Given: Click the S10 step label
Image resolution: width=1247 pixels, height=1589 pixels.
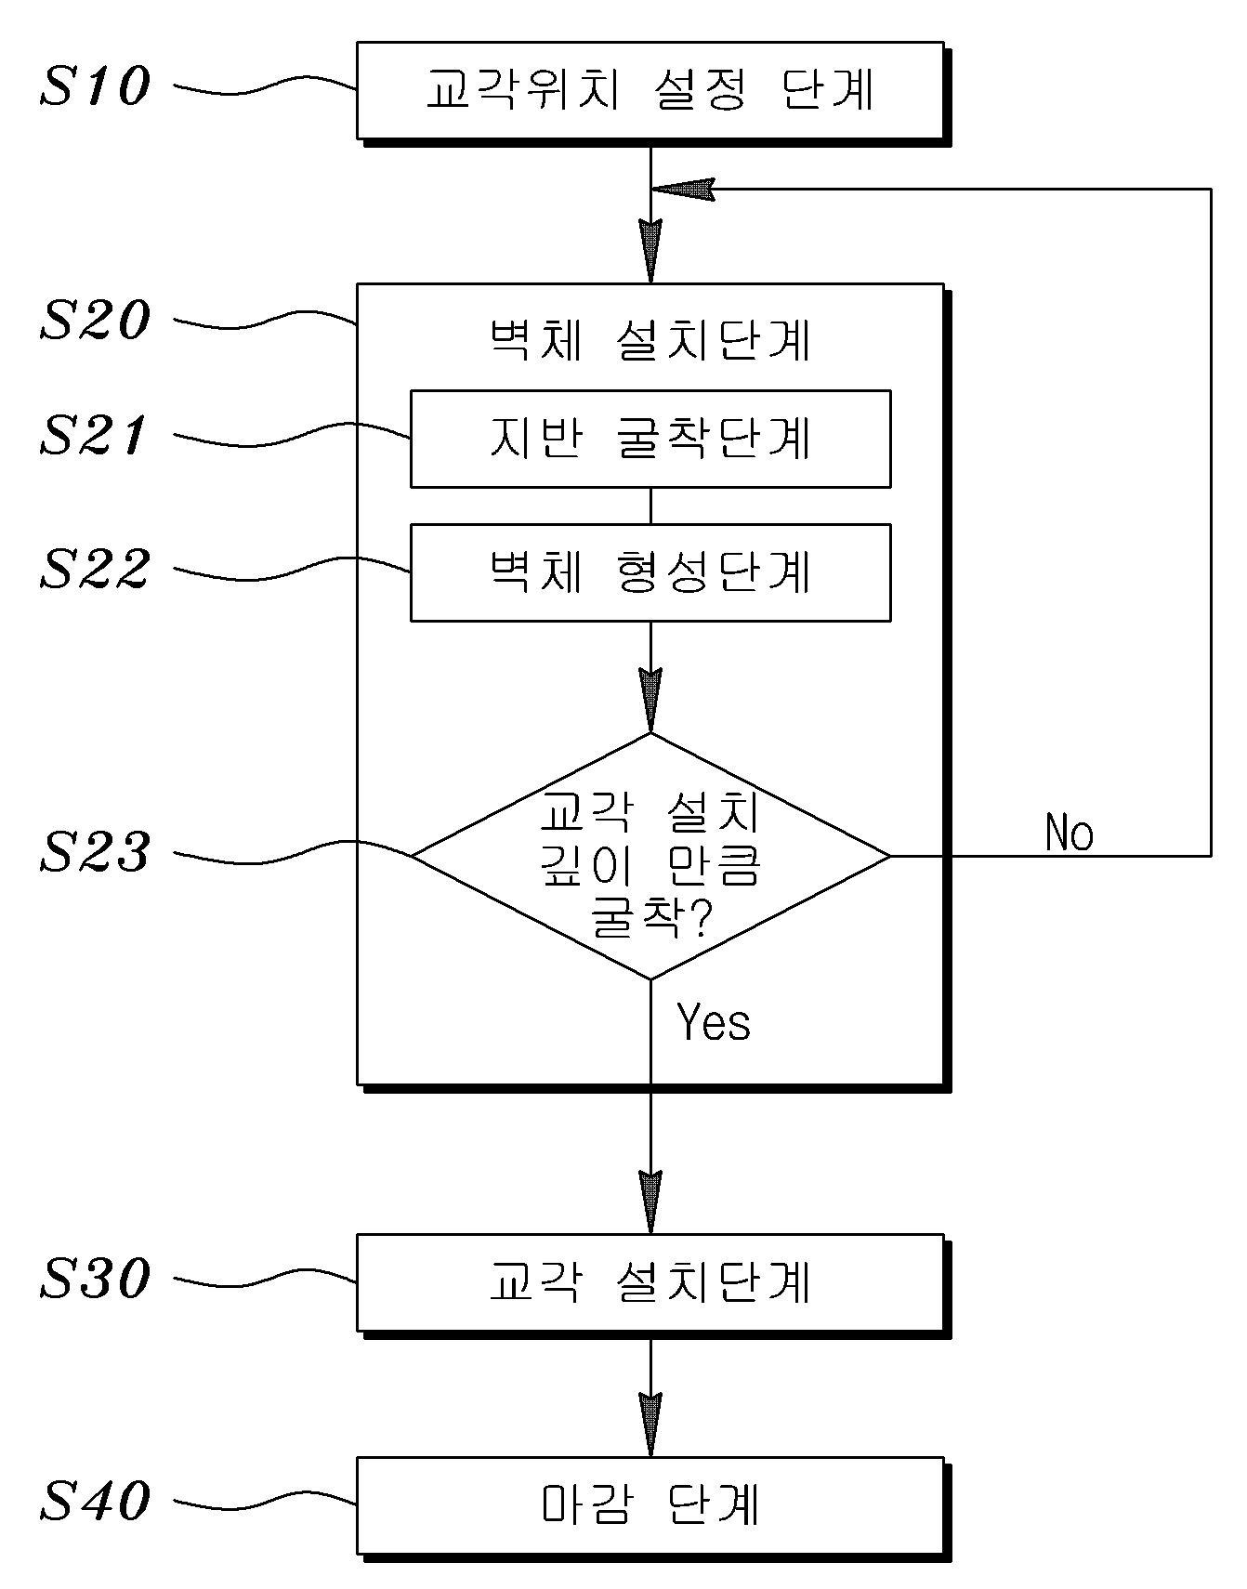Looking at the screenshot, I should coord(95,87).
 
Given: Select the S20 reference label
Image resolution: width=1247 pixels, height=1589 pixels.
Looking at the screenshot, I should coord(95,321).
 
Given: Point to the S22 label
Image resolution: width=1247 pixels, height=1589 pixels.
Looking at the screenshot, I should coord(95,570).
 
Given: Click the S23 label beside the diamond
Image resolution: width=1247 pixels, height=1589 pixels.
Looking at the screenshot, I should coord(95,852).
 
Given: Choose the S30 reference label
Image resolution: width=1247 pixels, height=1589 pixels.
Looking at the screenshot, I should coord(95,1280).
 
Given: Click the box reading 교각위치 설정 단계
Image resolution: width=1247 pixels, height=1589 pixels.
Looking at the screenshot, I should coord(650,91).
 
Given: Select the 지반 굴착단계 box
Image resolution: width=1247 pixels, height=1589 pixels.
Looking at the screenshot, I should coord(650,439).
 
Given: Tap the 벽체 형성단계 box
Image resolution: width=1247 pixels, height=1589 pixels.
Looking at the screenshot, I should coord(650,572).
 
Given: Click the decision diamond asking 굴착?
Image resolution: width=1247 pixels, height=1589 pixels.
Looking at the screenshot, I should coord(650,856).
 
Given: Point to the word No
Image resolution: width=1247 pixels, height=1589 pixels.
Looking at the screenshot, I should coord(1069,833).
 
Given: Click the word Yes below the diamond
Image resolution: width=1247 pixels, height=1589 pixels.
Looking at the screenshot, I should coord(713,1022).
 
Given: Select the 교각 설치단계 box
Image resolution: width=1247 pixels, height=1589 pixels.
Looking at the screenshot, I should coord(650,1282).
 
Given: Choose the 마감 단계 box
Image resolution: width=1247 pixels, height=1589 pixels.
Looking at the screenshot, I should coord(650,1505).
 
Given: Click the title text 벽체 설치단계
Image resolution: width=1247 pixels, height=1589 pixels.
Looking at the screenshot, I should coord(650,341).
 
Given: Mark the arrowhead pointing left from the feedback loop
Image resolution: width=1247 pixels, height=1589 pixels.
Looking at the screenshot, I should coord(683,189).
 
